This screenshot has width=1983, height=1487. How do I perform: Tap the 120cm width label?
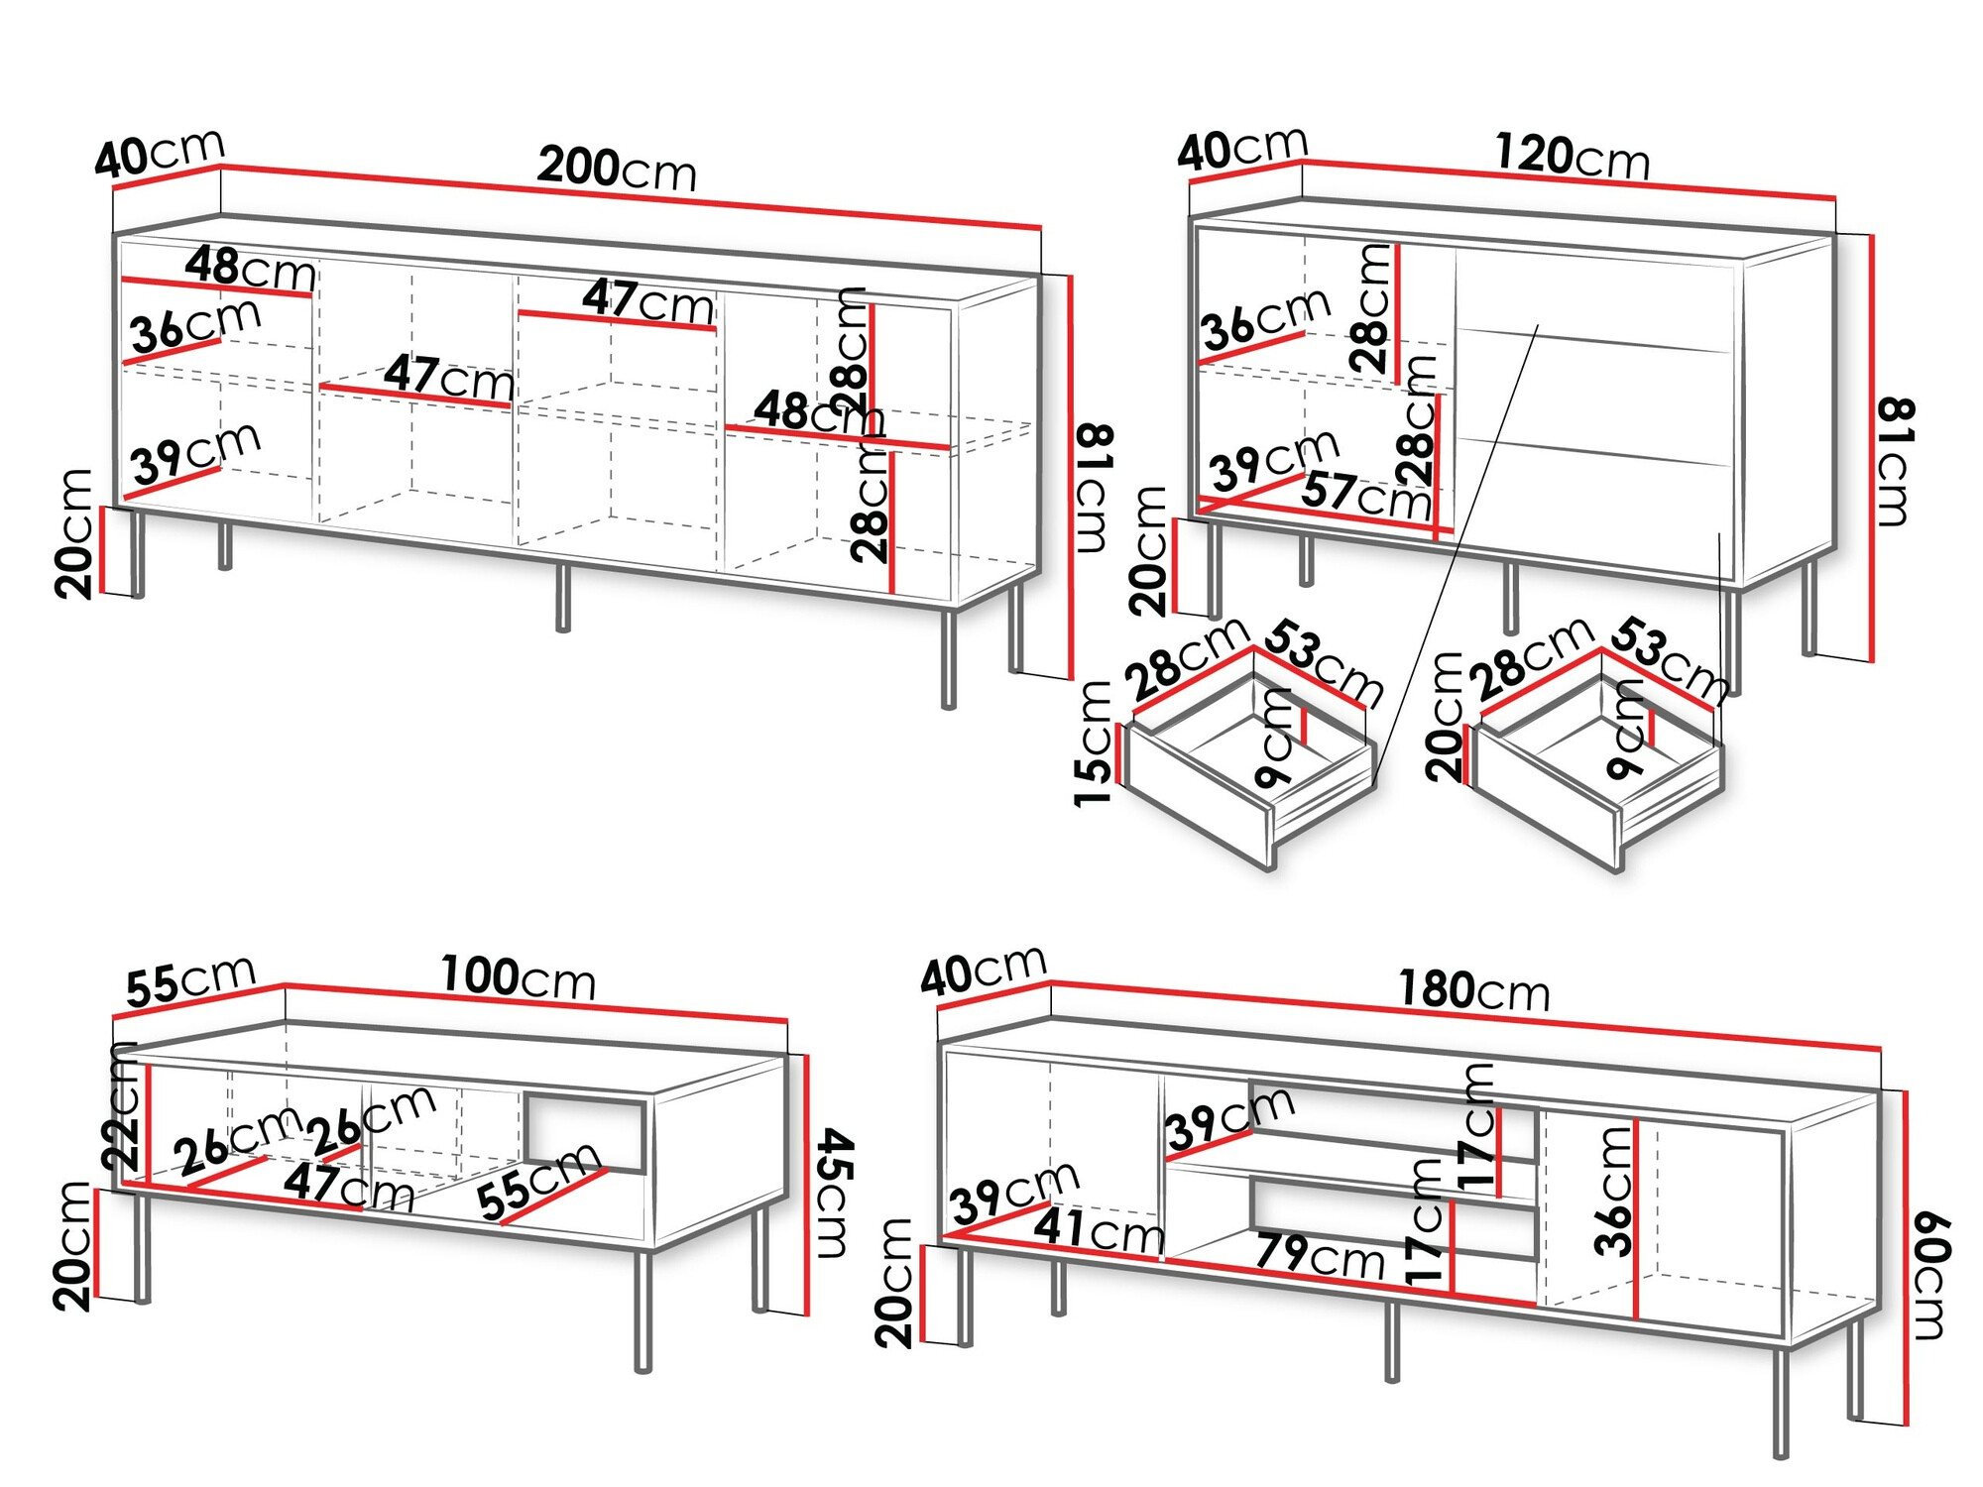1572,157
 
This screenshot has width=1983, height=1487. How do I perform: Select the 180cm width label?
1473,990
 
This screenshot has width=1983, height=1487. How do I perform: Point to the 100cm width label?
518,977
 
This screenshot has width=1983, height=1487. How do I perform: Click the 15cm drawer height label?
1095,743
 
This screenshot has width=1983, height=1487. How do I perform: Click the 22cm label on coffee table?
122,1105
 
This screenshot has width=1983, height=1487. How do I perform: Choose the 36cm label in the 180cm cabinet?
1614,1190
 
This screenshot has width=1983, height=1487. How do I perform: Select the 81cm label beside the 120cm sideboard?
1895,461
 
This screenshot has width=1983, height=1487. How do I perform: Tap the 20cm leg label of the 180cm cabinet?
895,1283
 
